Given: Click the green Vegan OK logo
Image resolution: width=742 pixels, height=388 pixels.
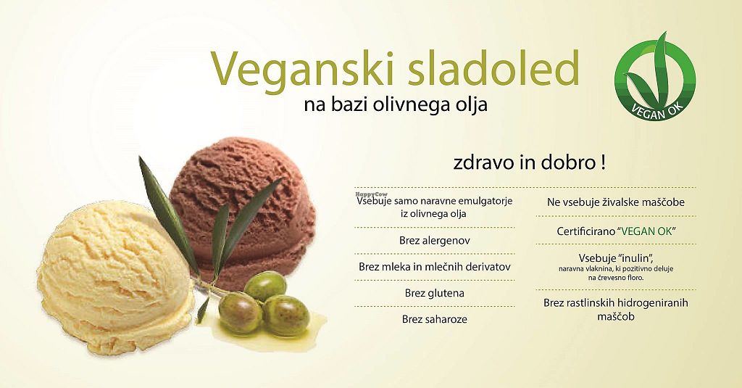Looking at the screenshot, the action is pos(655,76).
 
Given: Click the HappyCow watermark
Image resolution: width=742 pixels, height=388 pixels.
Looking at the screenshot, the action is pos(371,194).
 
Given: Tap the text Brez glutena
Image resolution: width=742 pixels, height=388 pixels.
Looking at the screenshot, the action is pos(435,293).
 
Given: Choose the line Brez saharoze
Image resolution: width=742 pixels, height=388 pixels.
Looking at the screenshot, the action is pos(435,319).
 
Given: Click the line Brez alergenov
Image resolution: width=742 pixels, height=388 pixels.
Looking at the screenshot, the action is pos(435,241).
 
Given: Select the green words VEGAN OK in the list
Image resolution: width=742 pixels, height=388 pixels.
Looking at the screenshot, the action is pos(646,231).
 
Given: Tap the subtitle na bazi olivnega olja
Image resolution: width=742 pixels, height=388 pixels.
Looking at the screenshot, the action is pos(396,104).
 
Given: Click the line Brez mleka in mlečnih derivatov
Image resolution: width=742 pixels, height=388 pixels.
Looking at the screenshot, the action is pos(435,267).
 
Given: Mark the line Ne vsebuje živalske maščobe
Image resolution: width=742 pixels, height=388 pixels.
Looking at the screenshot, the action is pos(616,202).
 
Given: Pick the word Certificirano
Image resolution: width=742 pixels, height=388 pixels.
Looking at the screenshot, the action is pos(585,231).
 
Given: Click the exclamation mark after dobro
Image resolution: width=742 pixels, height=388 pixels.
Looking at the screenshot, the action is pos(603,163).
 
